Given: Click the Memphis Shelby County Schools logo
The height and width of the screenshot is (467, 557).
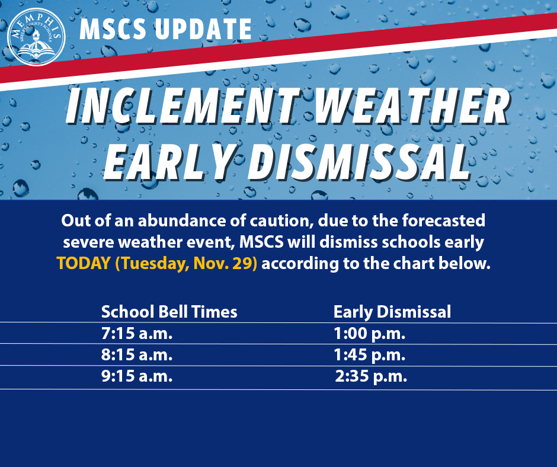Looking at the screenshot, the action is (x=36, y=37).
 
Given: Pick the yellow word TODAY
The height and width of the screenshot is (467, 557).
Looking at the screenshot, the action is (x=84, y=263).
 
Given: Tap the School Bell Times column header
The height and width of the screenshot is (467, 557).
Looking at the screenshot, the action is (x=169, y=312).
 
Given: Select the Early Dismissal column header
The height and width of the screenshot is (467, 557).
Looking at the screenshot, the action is (x=392, y=312).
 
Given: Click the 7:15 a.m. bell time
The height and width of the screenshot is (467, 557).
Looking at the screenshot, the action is (x=137, y=334).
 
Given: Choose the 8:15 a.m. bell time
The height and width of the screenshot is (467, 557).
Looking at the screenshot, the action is (x=137, y=354).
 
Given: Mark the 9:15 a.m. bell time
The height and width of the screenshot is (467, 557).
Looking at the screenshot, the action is (x=137, y=376).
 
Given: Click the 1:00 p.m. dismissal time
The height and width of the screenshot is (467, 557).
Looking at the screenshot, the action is (x=369, y=334).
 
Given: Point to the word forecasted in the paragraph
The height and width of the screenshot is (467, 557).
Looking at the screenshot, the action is (x=443, y=220).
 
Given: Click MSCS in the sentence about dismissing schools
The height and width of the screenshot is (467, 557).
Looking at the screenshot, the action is (x=261, y=242).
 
